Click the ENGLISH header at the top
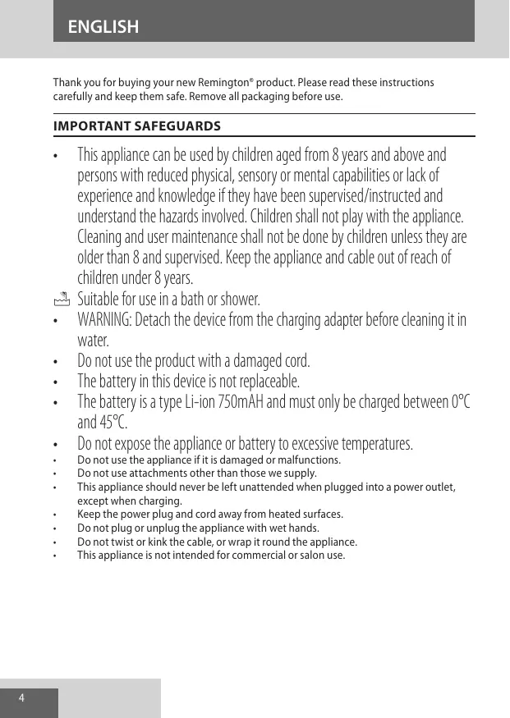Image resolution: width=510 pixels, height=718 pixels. point(103,27)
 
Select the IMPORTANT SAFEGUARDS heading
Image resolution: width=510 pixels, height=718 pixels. point(136,126)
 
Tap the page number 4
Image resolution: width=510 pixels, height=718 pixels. point(22,698)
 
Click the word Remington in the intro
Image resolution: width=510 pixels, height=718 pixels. point(224,83)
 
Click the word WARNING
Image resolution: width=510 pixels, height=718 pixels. point(102,319)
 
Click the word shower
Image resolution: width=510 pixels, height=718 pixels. point(239,299)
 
